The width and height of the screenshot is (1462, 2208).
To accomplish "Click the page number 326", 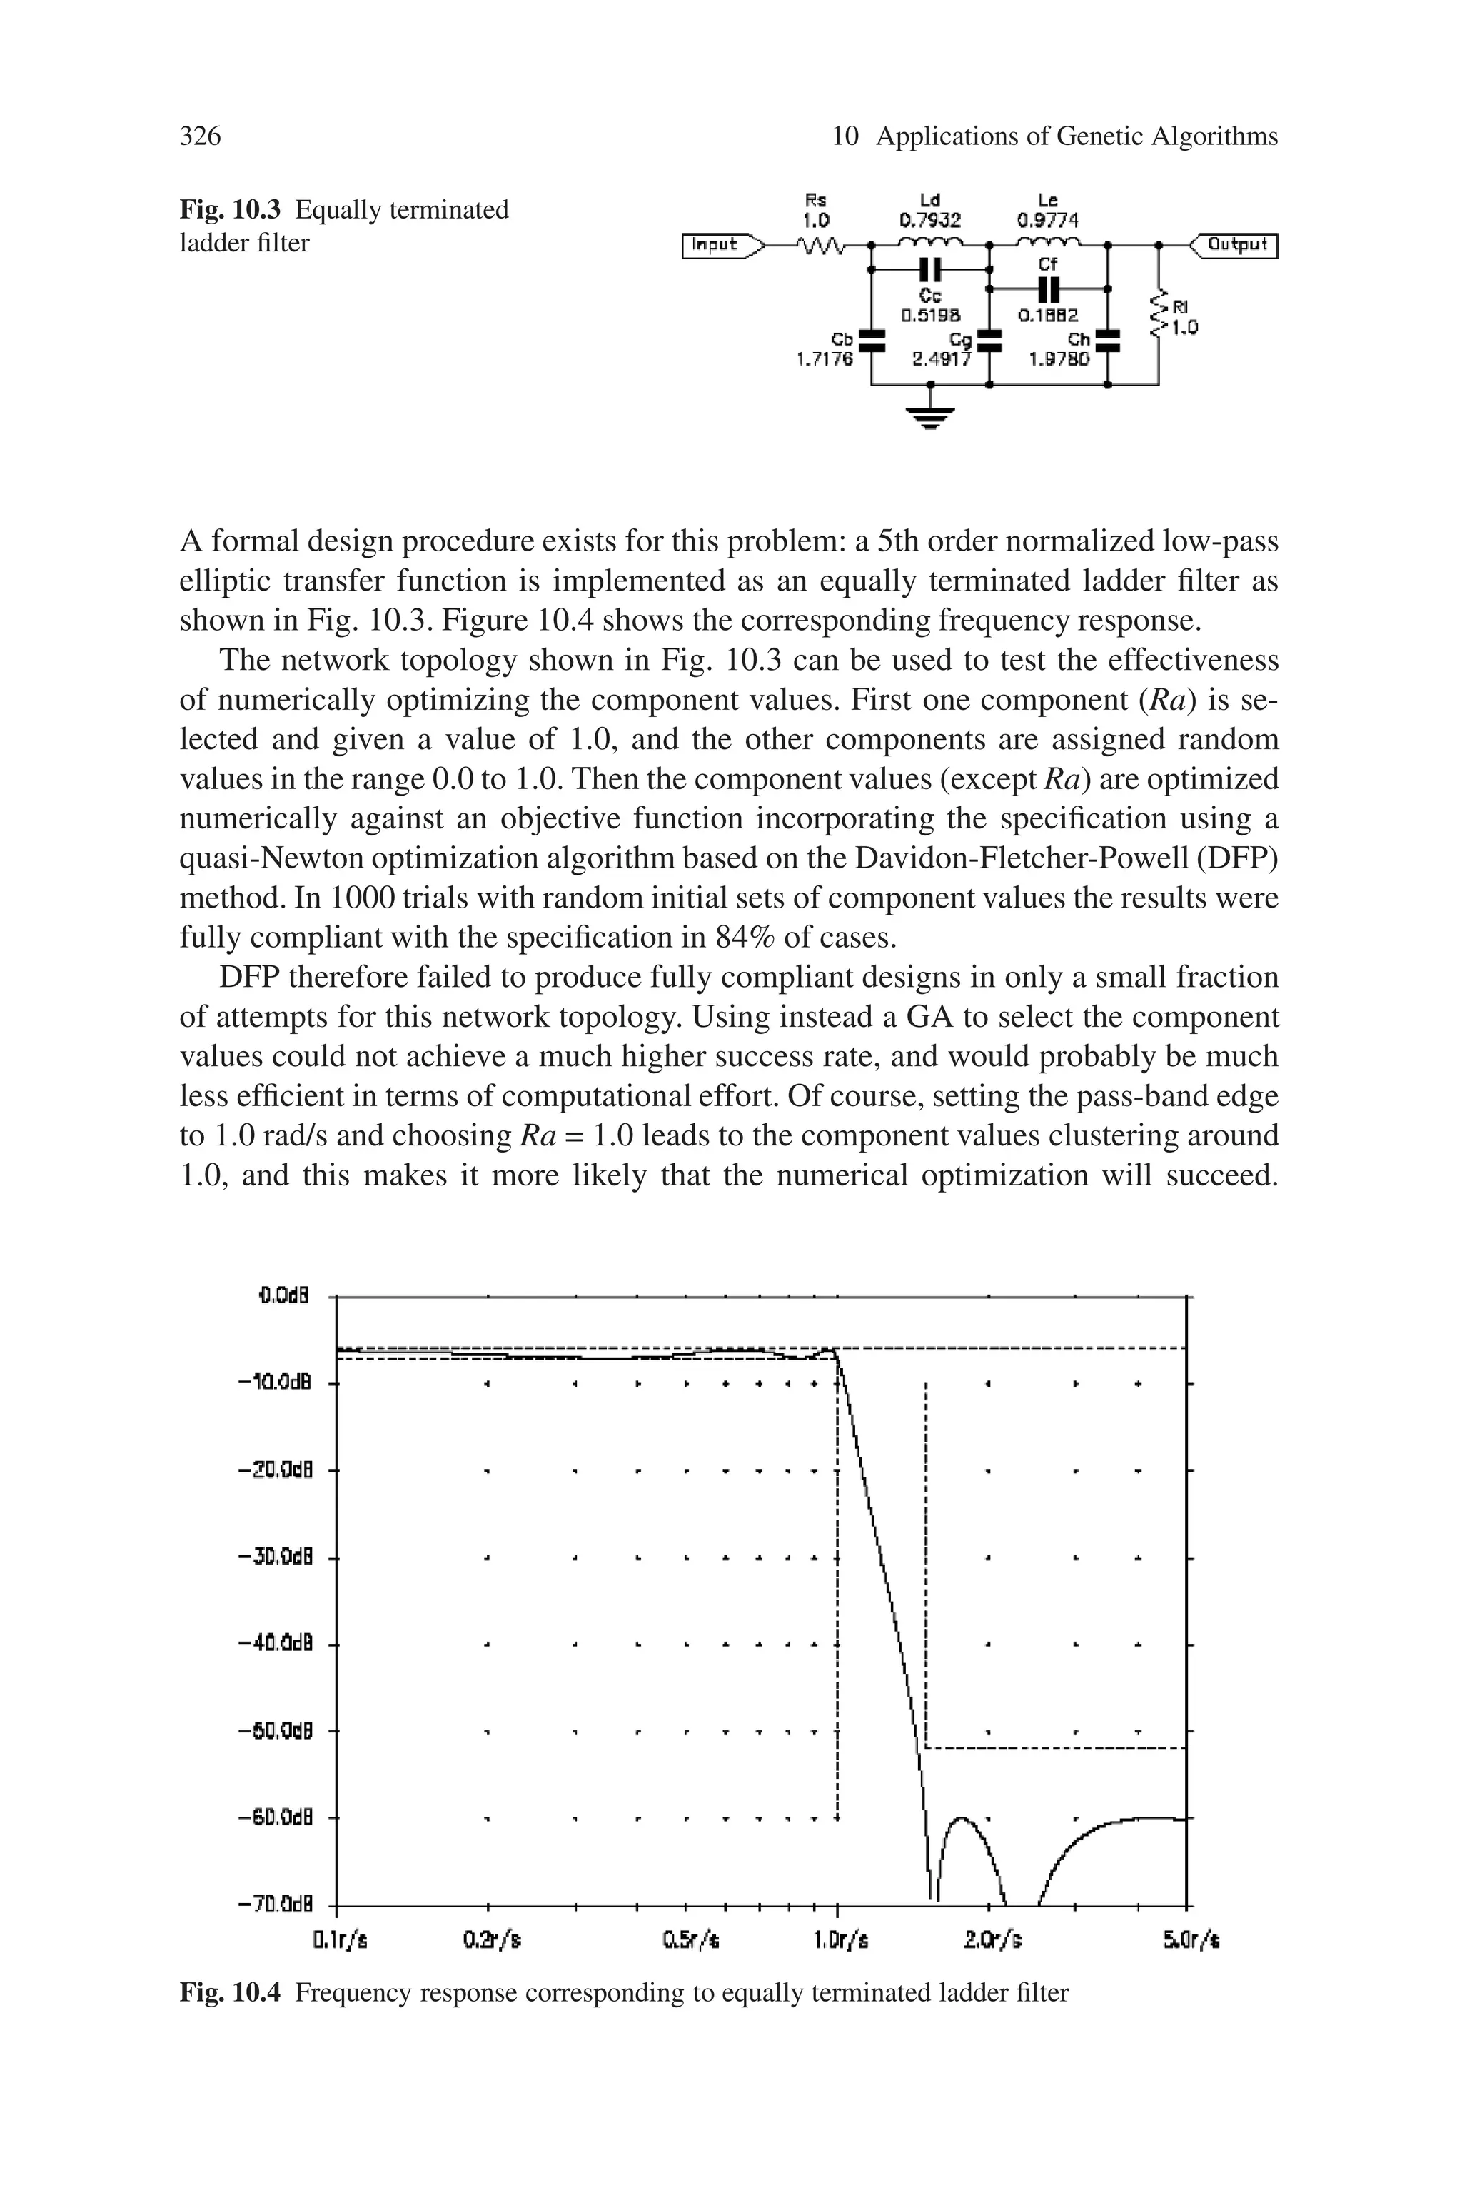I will [201, 137].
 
